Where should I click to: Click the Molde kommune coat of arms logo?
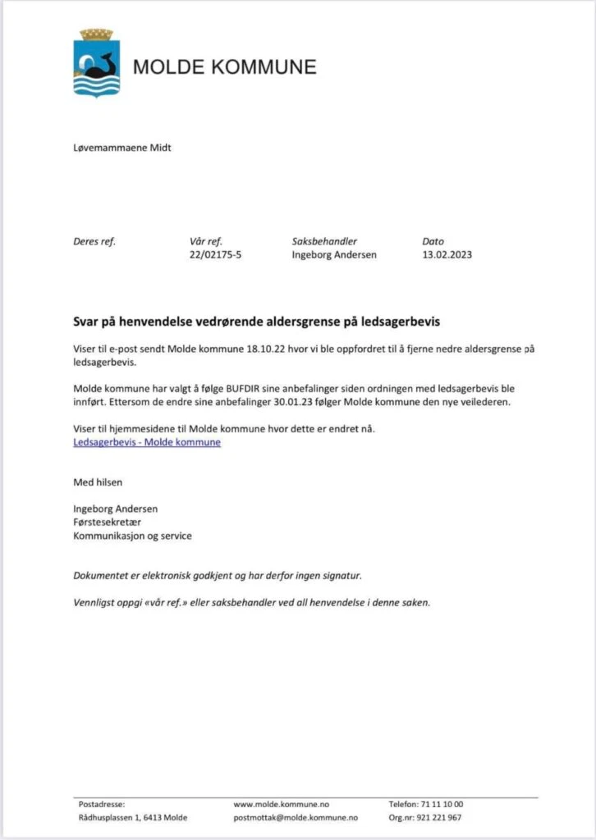point(97,64)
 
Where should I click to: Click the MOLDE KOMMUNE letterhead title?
point(224,66)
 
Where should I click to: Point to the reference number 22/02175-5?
point(216,254)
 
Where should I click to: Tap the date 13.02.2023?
point(447,254)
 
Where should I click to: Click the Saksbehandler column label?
point(324,241)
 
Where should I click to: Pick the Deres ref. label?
point(94,241)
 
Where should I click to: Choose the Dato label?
point(433,241)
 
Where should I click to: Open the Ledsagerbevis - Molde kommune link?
point(147,443)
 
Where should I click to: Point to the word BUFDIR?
point(236,388)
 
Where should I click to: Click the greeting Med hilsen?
point(98,482)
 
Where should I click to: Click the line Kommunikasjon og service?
point(132,536)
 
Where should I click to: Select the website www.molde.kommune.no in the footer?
point(282,805)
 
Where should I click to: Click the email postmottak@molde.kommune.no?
point(296,818)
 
